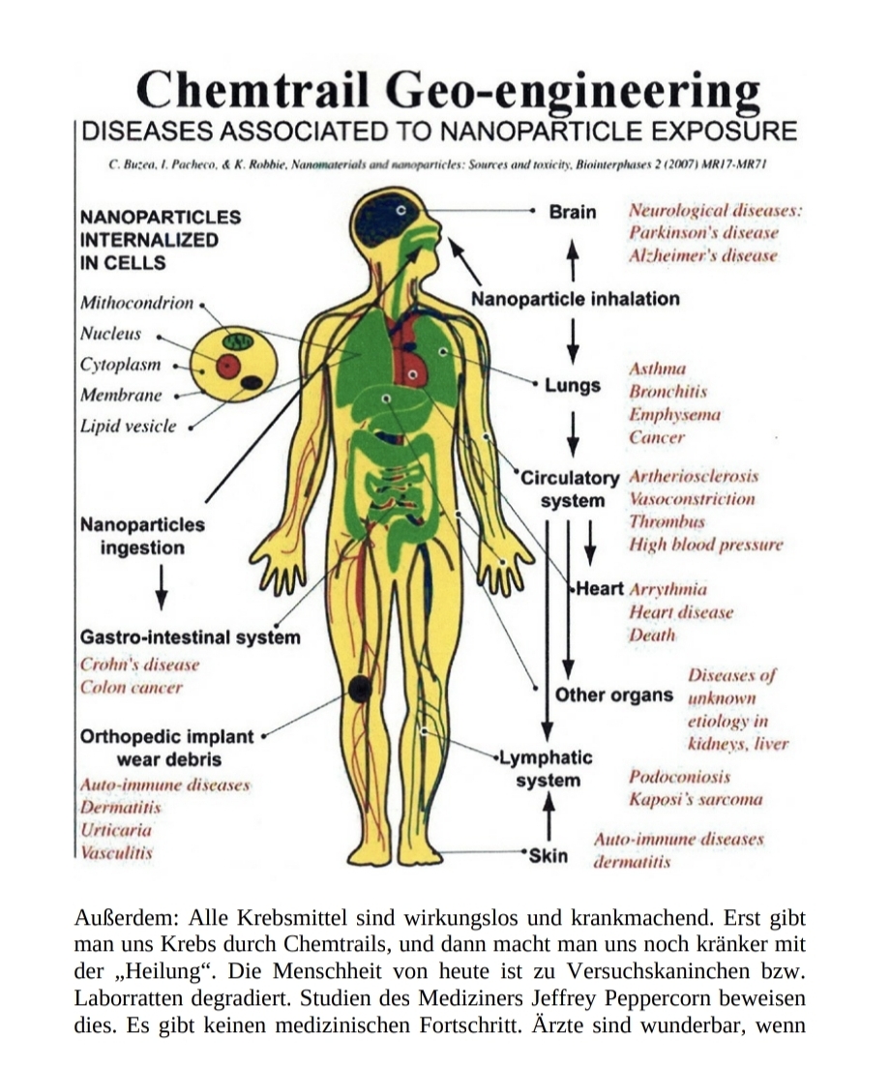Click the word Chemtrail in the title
point(253,92)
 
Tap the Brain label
point(573,211)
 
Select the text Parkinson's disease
point(702,233)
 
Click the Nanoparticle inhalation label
point(575,299)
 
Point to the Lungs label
point(573,386)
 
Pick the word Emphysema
point(674,414)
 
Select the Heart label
point(600,589)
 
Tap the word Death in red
point(651,636)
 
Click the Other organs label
point(613,695)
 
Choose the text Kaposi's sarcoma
point(695,799)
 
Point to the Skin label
point(549,856)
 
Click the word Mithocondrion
point(137,304)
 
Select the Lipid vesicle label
point(129,426)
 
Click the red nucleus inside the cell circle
point(228,367)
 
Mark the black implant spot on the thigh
point(360,689)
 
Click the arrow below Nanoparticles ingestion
point(161,584)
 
